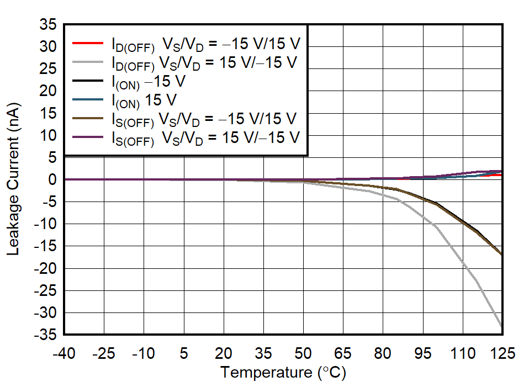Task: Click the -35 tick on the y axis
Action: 46,335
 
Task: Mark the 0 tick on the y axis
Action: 52,179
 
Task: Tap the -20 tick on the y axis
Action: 46,268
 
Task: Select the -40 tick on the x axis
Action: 64,353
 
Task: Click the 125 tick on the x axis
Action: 501,353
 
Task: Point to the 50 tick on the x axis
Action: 303,353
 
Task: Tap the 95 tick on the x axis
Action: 423,353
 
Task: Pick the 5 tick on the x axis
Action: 184,353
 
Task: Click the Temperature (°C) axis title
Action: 283,373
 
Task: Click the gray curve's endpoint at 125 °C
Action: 501,327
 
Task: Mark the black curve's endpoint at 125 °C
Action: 501,255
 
